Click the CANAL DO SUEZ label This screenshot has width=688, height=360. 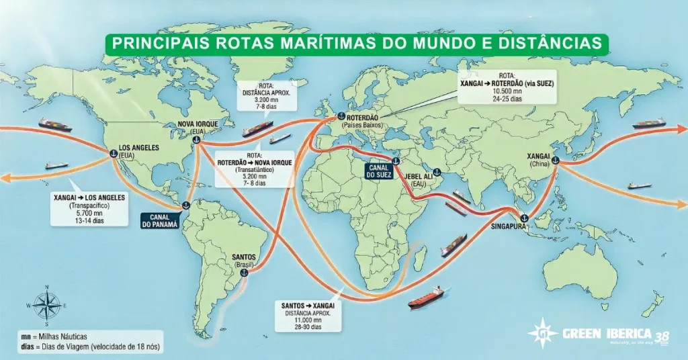[378, 171]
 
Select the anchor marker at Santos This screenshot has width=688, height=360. [244, 272]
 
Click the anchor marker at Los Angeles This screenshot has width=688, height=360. [114, 154]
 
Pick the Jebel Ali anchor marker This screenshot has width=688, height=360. [437, 172]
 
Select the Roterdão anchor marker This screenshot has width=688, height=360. [340, 118]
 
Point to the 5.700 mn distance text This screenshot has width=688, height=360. [79, 214]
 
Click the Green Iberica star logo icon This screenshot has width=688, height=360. [542, 334]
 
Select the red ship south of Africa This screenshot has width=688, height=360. [426, 296]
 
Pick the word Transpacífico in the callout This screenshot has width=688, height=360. [79, 206]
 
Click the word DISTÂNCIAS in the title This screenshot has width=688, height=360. [548, 43]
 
